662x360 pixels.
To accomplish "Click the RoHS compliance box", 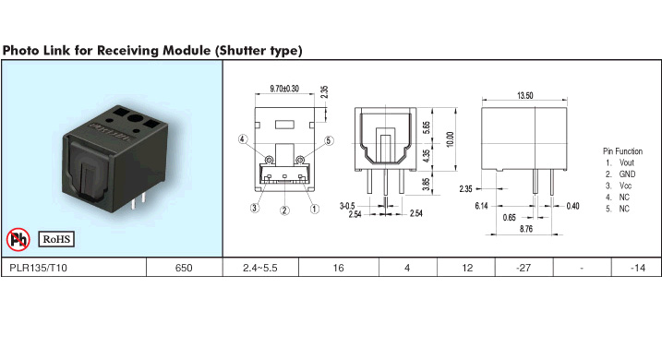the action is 56,239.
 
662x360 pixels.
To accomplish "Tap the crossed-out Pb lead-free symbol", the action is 18,239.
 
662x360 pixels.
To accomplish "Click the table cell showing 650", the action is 184,268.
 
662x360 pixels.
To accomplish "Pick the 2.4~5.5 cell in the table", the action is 260,268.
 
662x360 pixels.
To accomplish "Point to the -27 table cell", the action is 524,268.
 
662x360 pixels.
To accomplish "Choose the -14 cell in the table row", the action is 637,268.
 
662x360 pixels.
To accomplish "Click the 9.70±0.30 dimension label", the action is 284,89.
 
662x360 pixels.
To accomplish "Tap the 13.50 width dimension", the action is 524,96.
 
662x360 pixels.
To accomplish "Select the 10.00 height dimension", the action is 450,139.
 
